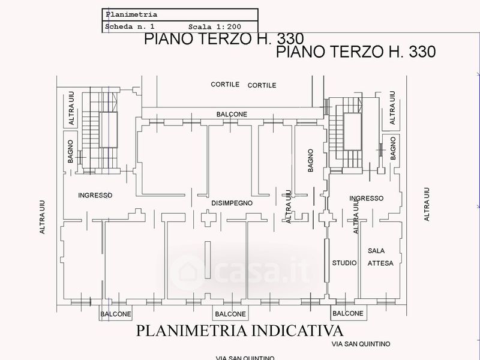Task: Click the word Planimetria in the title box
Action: pos(131,14)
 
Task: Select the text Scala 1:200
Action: pos(215,27)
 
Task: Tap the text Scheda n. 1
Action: pos(130,26)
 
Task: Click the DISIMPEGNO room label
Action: pos(232,203)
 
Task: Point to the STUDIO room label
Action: pos(344,263)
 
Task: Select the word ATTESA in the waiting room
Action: pos(380,263)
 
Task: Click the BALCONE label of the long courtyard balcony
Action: pos(232,114)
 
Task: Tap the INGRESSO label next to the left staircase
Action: pos(95,195)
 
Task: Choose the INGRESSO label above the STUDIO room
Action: pos(366,199)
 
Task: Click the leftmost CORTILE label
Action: pos(225,84)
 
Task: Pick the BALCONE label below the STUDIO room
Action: pos(348,313)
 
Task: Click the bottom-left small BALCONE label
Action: pos(116,314)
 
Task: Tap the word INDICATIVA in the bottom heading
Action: pos(297,331)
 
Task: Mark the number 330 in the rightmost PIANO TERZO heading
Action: pos(422,52)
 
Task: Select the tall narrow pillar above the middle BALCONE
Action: pos(208,260)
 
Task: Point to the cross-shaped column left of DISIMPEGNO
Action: pos(208,218)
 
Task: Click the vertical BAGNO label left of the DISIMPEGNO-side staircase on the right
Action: pos(310,160)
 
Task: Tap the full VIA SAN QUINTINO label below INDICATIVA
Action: pos(361,344)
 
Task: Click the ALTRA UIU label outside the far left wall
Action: pos(42,217)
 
